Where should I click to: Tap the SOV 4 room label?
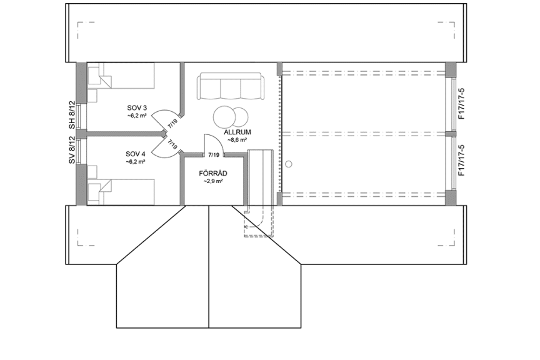tap(136, 154)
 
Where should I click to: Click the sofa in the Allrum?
tap(231, 86)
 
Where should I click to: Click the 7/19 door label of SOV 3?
tap(172, 122)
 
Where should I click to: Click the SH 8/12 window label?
tap(72, 115)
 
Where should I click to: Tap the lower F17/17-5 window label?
tap(461, 161)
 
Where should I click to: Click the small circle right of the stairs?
tap(289, 164)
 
